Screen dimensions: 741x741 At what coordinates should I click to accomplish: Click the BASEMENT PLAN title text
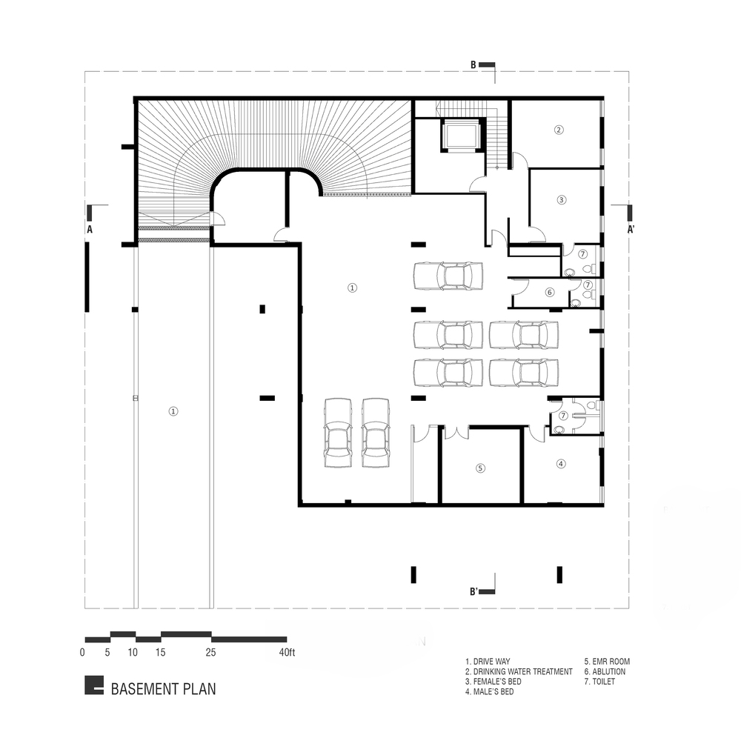click(x=163, y=689)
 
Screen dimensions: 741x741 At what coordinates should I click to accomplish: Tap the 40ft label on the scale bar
click(x=287, y=653)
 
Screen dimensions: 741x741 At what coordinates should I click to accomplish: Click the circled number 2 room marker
click(x=559, y=130)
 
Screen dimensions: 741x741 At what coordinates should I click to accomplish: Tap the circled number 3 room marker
click(x=562, y=200)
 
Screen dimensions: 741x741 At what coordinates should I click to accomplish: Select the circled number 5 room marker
click(x=480, y=468)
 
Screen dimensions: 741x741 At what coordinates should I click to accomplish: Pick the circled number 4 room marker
click(x=561, y=464)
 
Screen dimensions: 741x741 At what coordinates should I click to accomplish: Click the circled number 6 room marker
click(x=549, y=292)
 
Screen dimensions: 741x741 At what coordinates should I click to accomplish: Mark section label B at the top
click(x=473, y=65)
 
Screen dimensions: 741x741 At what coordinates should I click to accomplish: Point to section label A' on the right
click(x=631, y=230)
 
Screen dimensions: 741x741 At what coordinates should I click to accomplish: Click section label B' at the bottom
click(x=473, y=591)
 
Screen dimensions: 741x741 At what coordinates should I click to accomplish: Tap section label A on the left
click(x=90, y=230)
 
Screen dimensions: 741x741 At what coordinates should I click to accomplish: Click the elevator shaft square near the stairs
click(x=461, y=135)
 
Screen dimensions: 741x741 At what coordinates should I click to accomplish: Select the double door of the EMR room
click(x=456, y=431)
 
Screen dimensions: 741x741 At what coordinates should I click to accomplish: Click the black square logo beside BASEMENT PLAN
click(x=94, y=685)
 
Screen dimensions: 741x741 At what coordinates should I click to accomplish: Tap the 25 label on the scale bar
click(x=210, y=653)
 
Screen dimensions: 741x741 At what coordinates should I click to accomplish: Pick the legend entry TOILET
click(x=599, y=682)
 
